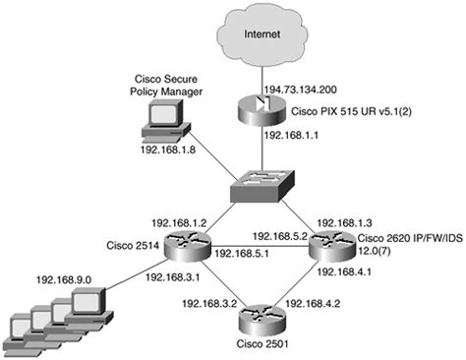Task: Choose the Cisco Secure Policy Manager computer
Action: click(x=156, y=118)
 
